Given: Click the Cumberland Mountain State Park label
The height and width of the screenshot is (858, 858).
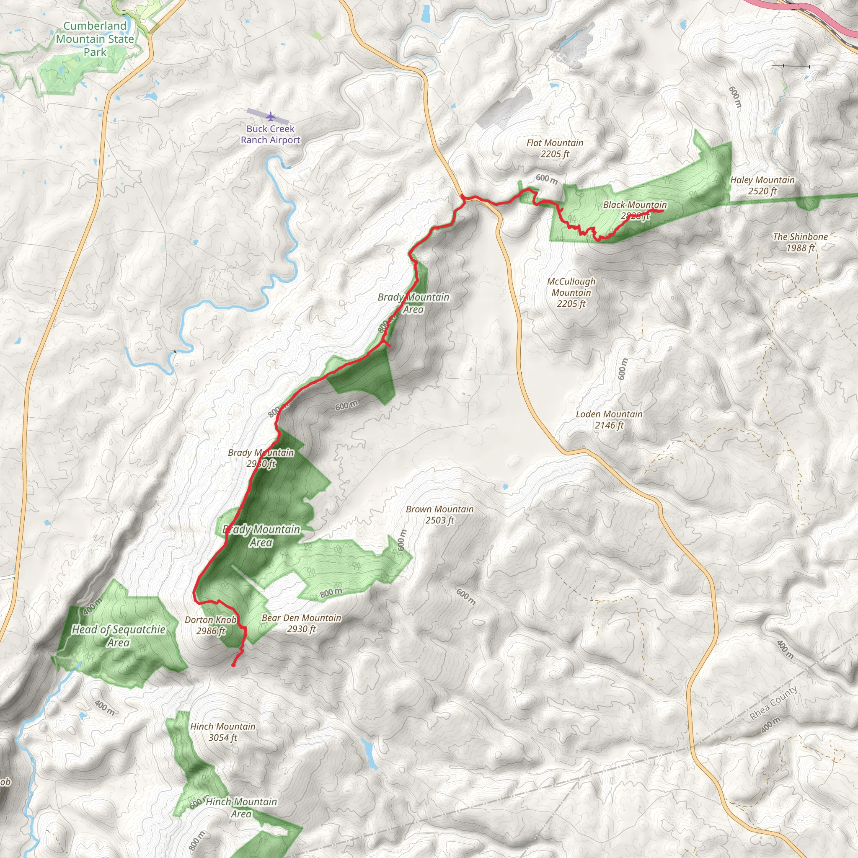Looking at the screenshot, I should pos(95,39).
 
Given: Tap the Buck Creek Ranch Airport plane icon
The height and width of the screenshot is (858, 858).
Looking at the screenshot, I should pos(271,117).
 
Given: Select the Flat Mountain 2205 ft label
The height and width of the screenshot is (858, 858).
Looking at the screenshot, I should pos(555,148).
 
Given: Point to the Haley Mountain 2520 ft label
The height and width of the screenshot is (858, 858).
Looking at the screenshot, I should pos(762,185).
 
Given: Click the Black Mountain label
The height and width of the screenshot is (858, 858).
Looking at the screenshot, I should pos(635,205).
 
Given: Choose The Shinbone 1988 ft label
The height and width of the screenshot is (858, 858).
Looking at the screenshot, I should pos(800,242).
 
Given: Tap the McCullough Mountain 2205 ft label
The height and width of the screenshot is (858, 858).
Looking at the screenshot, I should pos(571,292).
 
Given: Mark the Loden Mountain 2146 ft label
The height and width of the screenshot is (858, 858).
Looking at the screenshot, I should pos(609,419).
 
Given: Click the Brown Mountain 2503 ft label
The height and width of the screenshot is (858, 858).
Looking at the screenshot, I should pos(439,514).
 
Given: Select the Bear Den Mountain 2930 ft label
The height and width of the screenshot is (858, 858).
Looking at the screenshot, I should pos(302,623).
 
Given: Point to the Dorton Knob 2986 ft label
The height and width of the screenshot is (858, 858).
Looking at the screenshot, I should pos(210,625).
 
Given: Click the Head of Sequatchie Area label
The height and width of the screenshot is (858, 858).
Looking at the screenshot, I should pos(119,636).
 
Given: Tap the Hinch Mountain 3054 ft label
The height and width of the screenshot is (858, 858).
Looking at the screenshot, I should pos(222,732).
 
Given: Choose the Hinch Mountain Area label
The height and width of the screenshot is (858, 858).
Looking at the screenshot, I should pos(241,807).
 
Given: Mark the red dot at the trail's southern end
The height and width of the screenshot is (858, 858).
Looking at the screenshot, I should pos(233,665).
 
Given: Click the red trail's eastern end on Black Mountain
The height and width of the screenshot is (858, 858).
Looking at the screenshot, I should pos(663,210).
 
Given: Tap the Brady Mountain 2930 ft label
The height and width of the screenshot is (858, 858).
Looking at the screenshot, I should pos(261,458).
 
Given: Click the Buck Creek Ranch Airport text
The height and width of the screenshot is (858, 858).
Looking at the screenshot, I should pos(271,134).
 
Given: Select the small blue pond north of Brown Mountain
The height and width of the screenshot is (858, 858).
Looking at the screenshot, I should pos(505,487).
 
